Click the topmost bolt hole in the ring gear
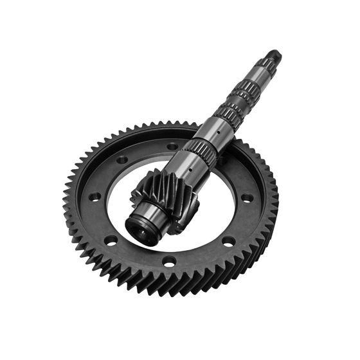(172, 146)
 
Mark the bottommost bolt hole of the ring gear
(168, 261)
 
